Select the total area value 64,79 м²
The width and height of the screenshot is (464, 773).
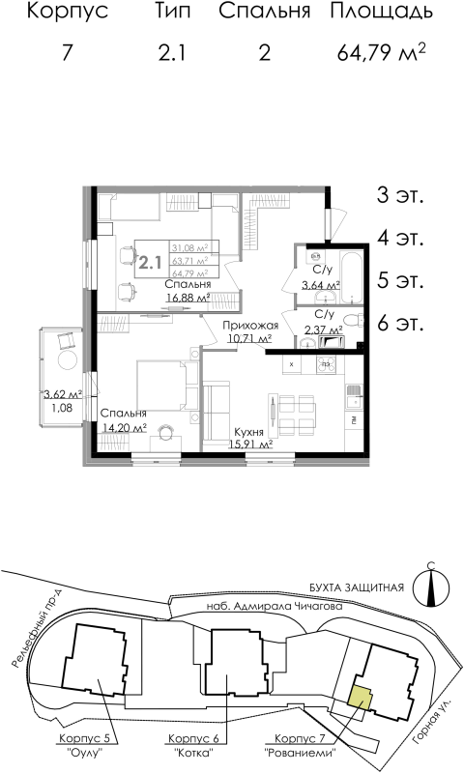[383, 52]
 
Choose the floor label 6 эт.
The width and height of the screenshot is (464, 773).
[401, 323]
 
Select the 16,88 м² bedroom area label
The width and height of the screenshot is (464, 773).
[188, 299]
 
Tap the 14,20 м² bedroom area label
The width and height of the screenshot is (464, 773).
[125, 426]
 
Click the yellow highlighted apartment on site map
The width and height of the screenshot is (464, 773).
[360, 698]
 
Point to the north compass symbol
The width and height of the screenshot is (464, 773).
[430, 586]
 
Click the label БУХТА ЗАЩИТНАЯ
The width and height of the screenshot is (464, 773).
[362, 587]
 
